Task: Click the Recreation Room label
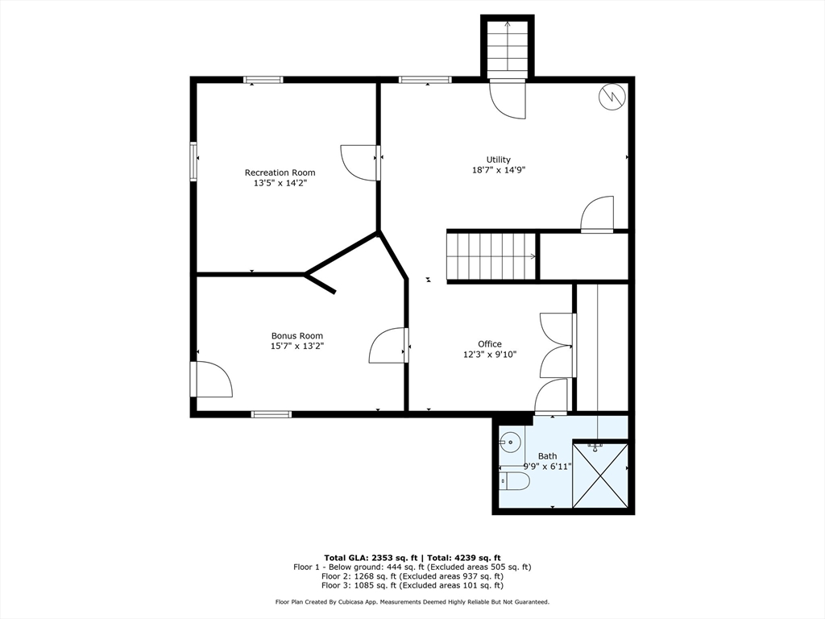pyautogui.click(x=280, y=172)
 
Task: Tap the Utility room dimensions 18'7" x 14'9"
pyautogui.click(x=499, y=170)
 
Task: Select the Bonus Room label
pyautogui.click(x=297, y=336)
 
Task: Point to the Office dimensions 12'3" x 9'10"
pyautogui.click(x=490, y=355)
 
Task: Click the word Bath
pyautogui.click(x=547, y=456)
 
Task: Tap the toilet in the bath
pyautogui.click(x=515, y=480)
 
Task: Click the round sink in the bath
pyautogui.click(x=509, y=442)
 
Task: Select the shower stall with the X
pyautogui.click(x=600, y=476)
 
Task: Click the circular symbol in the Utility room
pyautogui.click(x=612, y=97)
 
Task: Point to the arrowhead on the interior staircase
pyautogui.click(x=533, y=257)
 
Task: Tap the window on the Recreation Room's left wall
pyautogui.click(x=193, y=161)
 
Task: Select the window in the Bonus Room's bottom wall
pyautogui.click(x=272, y=414)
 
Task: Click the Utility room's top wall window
pyautogui.click(x=425, y=80)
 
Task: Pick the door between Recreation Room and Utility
pyautogui.click(x=360, y=163)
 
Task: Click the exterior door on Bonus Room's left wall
pyautogui.click(x=212, y=379)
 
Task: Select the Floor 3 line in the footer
pyautogui.click(x=412, y=585)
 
